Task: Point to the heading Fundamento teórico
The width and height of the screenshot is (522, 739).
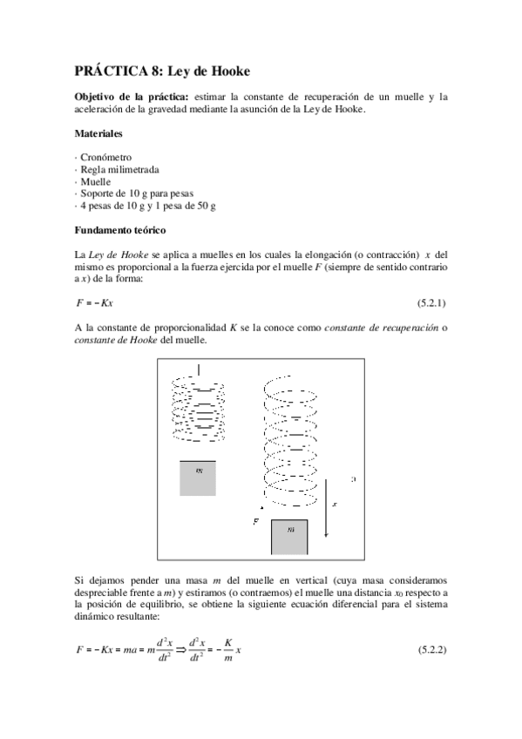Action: pyautogui.click(x=122, y=230)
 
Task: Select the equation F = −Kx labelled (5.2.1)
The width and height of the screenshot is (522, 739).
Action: pyautogui.click(x=95, y=302)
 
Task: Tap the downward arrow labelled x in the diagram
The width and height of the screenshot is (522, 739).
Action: pyautogui.click(x=327, y=517)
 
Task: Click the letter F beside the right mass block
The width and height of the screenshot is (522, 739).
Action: pyautogui.click(x=255, y=520)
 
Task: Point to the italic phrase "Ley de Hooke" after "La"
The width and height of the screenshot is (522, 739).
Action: pyautogui.click(x=116, y=254)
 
